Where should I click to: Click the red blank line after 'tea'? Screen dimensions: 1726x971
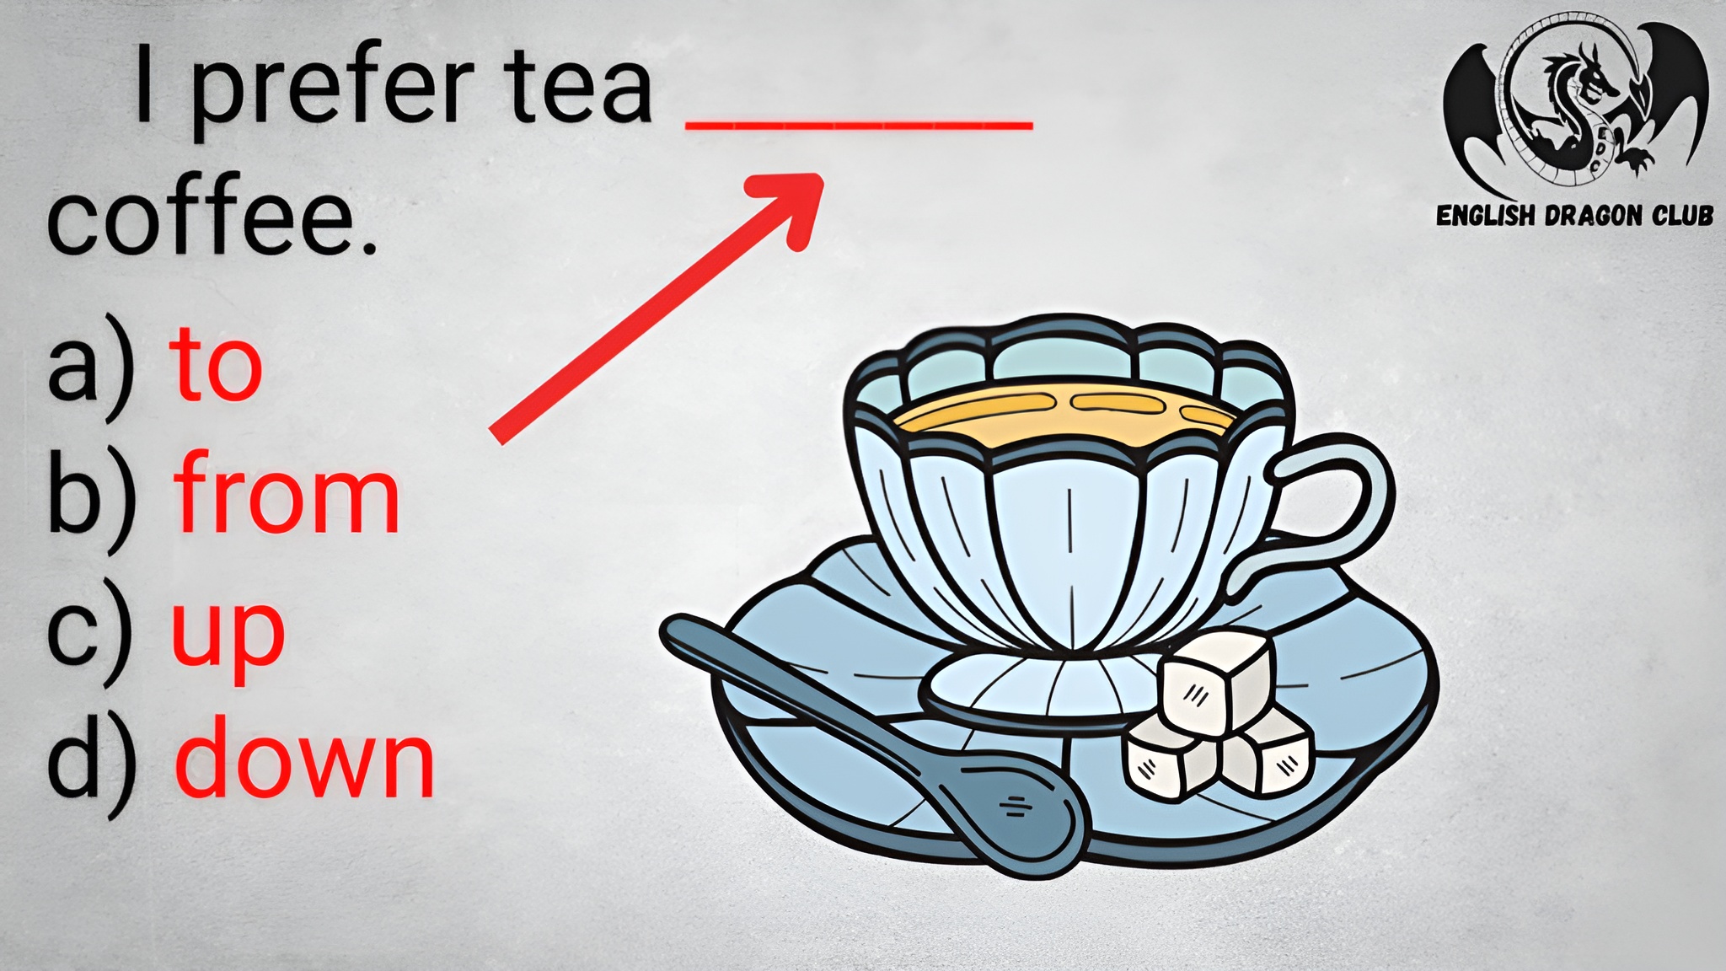point(860,126)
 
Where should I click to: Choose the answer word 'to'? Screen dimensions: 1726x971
point(217,365)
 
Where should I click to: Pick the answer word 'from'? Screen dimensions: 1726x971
point(287,492)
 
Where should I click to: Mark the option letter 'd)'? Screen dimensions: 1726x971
point(91,764)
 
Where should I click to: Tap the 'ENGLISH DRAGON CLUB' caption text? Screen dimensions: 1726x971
point(1574,216)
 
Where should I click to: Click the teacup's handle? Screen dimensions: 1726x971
point(1340,514)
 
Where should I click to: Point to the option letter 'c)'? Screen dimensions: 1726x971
point(91,630)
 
